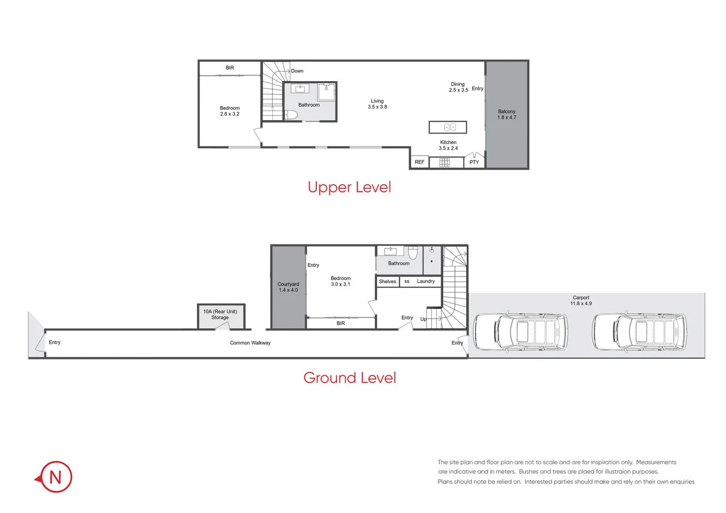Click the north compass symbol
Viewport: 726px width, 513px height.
(55, 477)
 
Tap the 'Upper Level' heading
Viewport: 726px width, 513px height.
(349, 187)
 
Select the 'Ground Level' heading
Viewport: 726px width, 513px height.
(349, 378)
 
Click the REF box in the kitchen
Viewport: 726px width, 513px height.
(419, 162)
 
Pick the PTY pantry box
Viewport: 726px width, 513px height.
(474, 162)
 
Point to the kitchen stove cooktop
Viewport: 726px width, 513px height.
(445, 163)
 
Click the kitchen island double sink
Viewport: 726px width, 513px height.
(449, 127)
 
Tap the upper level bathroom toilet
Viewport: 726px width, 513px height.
(290, 115)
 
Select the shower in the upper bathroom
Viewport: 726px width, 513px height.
(327, 92)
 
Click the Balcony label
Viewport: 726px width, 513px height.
(507, 115)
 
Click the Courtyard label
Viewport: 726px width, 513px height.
(288, 287)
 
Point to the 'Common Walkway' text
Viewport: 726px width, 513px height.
(250, 343)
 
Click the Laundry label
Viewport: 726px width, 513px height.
(425, 282)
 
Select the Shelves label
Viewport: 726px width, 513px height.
(387, 282)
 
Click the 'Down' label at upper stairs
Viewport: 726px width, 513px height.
(297, 71)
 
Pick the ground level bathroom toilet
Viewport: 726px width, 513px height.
(413, 253)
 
